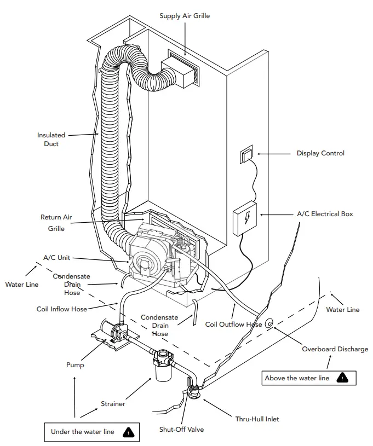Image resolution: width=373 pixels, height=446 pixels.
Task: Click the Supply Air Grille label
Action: pyautogui.click(x=185, y=16)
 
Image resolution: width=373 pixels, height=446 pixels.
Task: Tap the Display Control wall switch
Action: pyautogui.click(x=246, y=156)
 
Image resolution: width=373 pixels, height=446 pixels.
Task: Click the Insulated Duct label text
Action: pyautogui.click(x=51, y=140)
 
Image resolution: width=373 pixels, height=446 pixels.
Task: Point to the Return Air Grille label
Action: pyautogui.click(x=56, y=223)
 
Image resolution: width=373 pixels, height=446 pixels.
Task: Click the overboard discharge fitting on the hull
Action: pyautogui.click(x=269, y=324)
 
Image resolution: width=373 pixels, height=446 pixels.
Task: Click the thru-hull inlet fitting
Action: pyautogui.click(x=194, y=393)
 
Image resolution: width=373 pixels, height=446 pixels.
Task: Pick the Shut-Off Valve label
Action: pyautogui.click(x=181, y=430)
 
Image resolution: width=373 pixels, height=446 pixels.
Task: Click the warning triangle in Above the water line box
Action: pyautogui.click(x=342, y=378)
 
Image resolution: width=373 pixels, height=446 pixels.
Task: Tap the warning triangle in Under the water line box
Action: pyautogui.click(x=128, y=432)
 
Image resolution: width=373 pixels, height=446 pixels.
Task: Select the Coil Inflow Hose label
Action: pyautogui.click(x=62, y=309)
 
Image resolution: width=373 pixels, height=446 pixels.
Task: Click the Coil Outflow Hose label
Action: pyautogui.click(x=233, y=325)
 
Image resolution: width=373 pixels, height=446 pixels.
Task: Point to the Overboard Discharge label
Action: pyautogui.click(x=335, y=349)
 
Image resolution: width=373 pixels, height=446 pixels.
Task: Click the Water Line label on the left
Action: pyautogui.click(x=22, y=285)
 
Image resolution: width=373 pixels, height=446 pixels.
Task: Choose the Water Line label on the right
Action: pyautogui.click(x=343, y=310)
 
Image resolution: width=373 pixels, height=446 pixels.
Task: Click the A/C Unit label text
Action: pyautogui.click(x=56, y=257)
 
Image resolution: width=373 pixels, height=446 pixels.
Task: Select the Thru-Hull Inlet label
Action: pyautogui.click(x=257, y=419)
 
